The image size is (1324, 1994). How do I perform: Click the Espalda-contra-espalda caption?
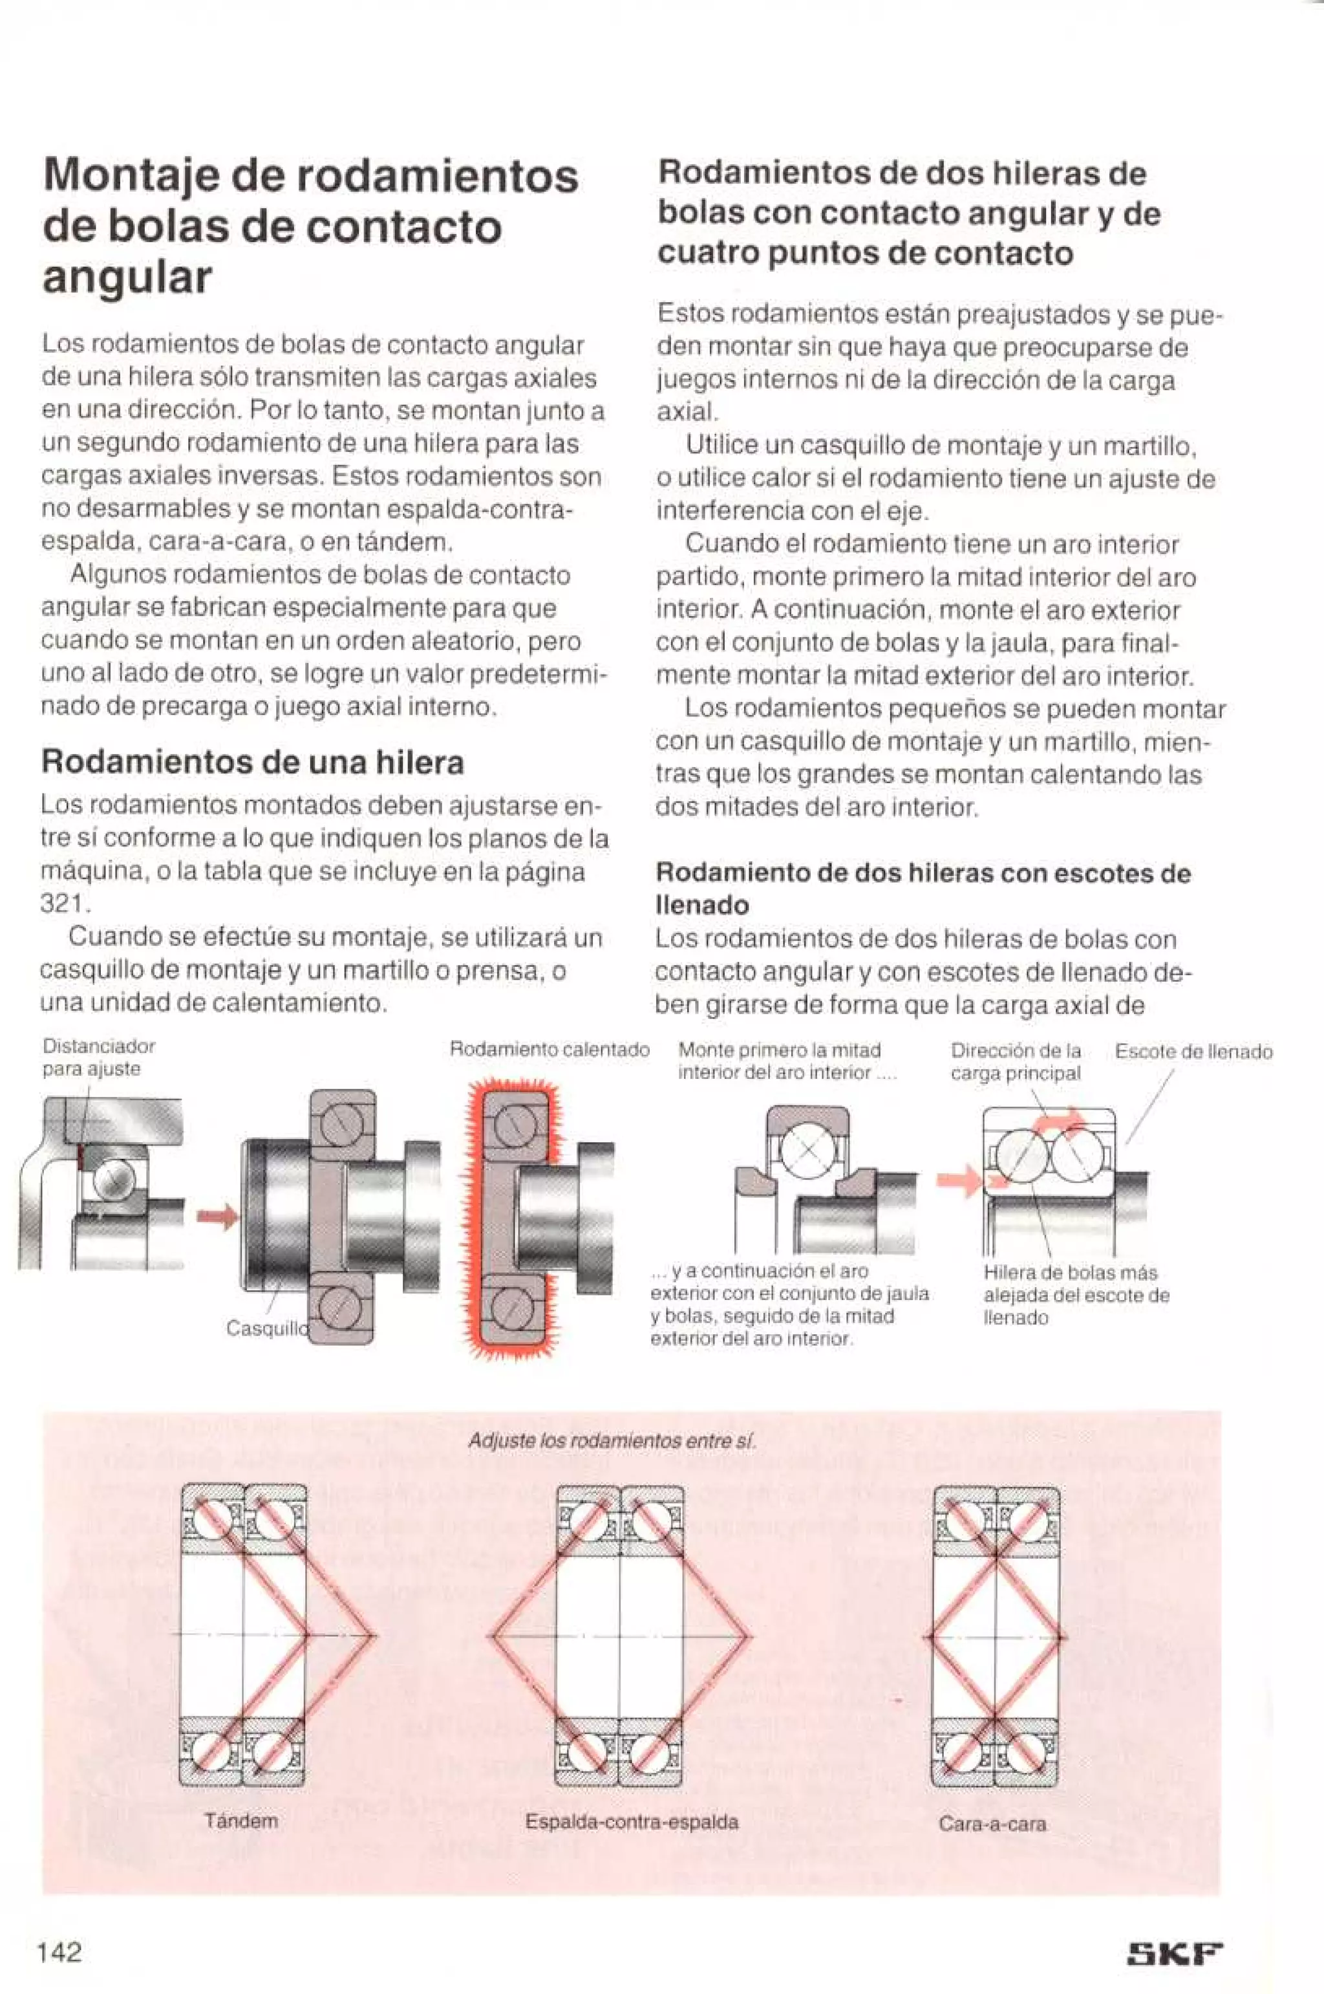632,1822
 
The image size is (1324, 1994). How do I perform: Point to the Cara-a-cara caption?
992,1823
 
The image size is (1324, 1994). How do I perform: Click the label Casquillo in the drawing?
265,1328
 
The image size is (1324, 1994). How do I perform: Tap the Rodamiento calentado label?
550,1050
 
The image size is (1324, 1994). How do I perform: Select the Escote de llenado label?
1193,1052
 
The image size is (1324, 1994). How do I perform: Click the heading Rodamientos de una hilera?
253,763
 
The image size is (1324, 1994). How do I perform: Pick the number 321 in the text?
63,904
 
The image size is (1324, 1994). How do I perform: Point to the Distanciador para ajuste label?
99,1057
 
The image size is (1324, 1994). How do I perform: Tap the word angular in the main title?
127,278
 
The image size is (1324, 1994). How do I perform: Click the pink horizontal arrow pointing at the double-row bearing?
960,1179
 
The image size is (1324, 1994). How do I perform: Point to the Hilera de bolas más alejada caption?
1076,1295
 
